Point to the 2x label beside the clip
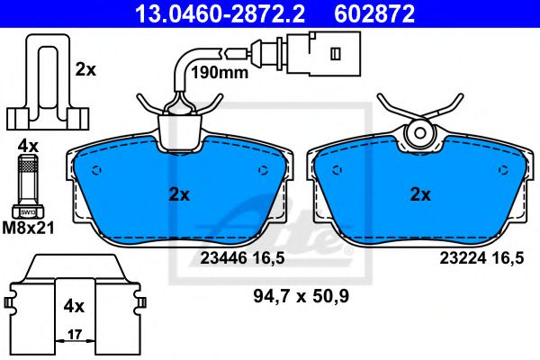point(86,68)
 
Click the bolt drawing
point(27,184)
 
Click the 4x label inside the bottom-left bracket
point(73,306)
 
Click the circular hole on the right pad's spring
point(418,135)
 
